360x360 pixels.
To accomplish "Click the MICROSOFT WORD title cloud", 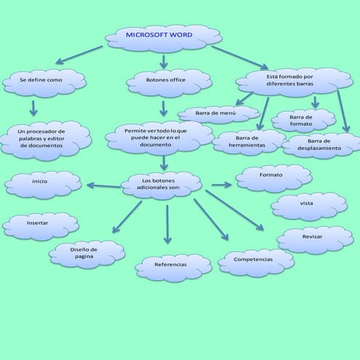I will click(x=164, y=36).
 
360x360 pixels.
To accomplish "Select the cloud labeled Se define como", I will click(x=44, y=82).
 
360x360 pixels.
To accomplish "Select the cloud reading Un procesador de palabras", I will click(x=45, y=138).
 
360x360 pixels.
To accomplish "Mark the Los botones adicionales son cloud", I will click(x=161, y=185).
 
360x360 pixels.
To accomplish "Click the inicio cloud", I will click(x=43, y=184).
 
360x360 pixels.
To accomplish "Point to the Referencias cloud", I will click(x=173, y=266).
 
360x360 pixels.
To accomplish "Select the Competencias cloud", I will click(x=255, y=260).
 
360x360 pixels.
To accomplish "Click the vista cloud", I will click(x=308, y=205).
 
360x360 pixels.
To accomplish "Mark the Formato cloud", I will click(x=273, y=177).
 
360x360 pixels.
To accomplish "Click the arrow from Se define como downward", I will click(x=33, y=108).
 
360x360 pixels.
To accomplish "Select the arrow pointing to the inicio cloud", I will click(x=103, y=185).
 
